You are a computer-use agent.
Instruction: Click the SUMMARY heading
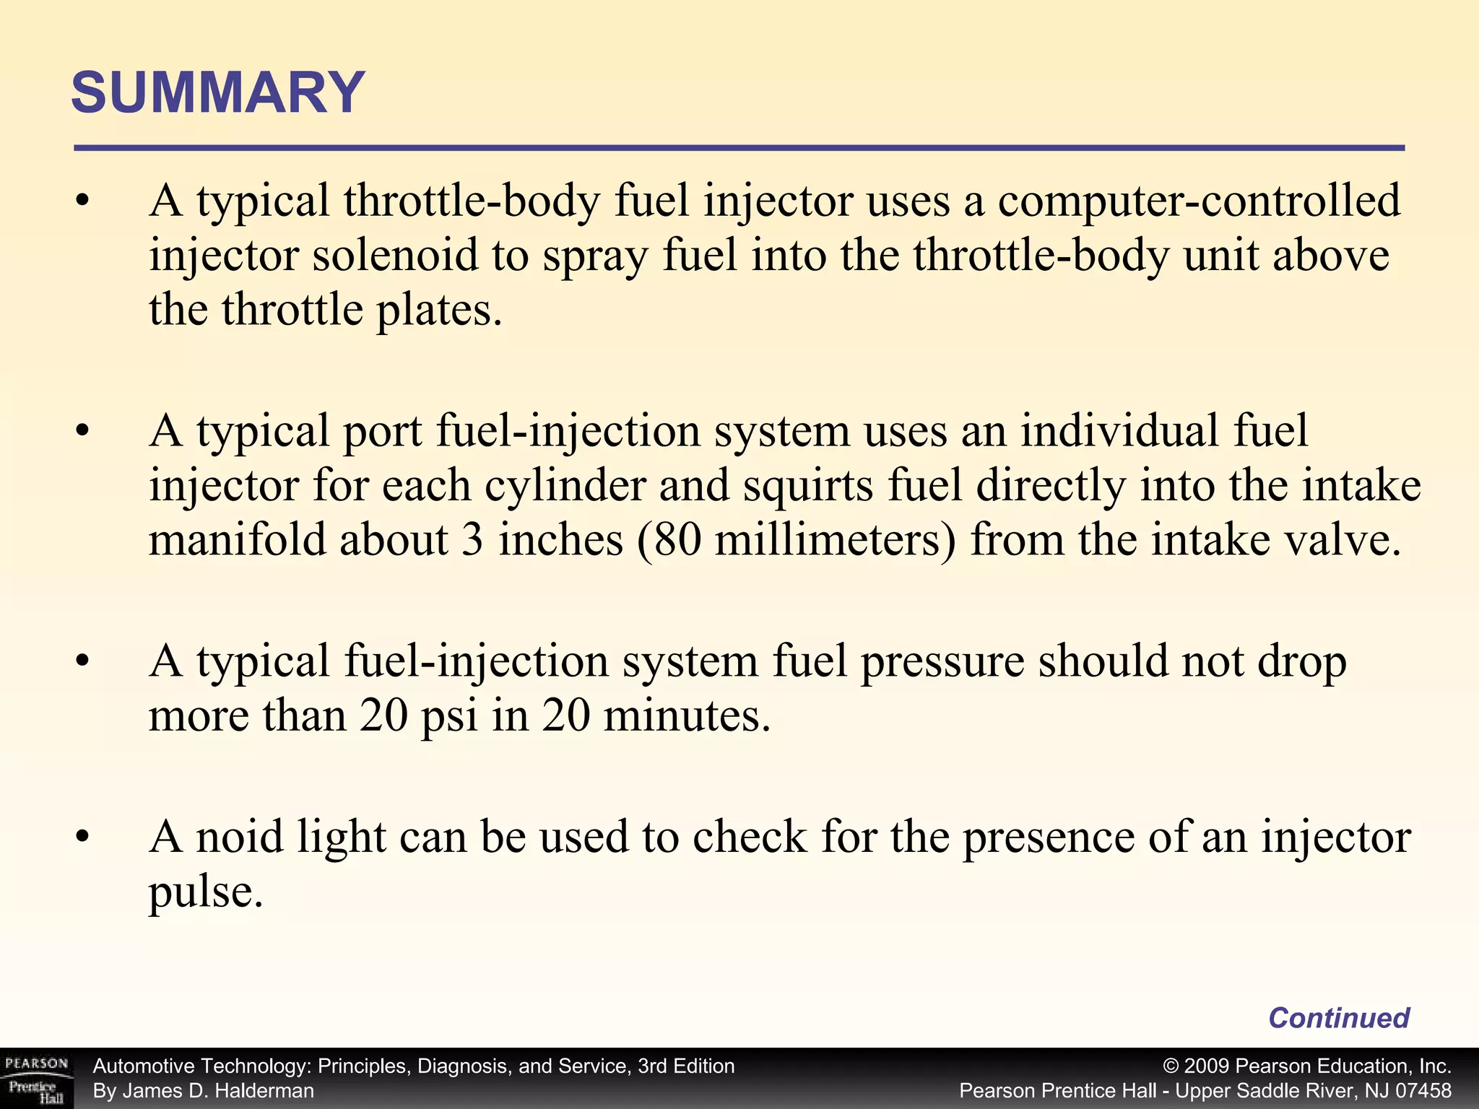218,93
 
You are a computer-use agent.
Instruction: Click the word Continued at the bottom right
1338,1017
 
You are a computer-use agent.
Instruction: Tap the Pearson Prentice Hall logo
36,1079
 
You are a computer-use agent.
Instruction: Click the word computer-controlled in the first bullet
1199,201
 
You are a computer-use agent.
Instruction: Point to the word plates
438,310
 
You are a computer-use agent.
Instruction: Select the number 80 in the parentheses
677,540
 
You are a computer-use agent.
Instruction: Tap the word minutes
686,716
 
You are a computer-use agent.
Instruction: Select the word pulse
204,892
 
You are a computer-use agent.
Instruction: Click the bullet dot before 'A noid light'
83,838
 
